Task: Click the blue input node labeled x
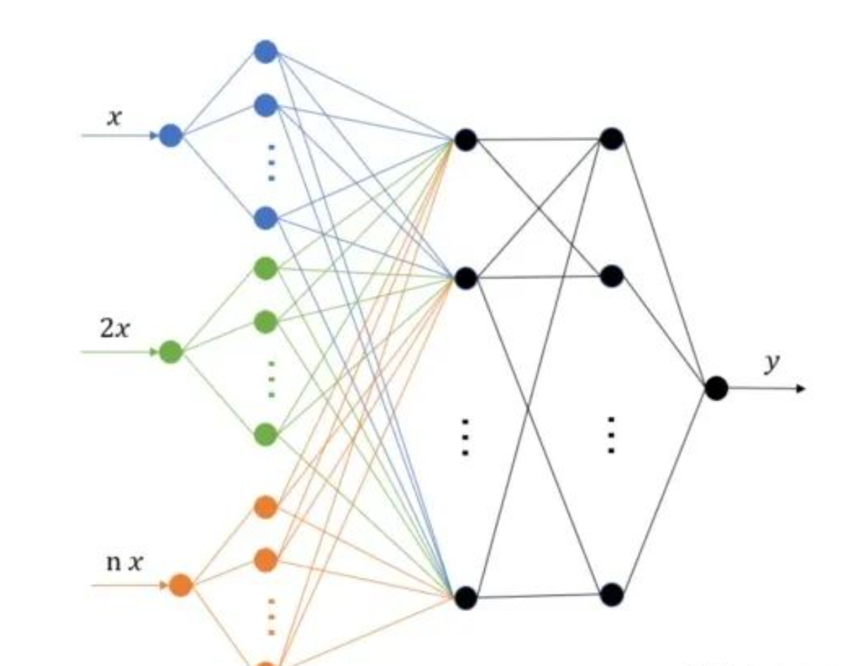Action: pyautogui.click(x=171, y=135)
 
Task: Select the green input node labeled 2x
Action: pyautogui.click(x=171, y=351)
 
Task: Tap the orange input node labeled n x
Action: pyautogui.click(x=181, y=584)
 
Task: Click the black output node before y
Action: pyautogui.click(x=716, y=388)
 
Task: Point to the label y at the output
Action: pyautogui.click(x=772, y=363)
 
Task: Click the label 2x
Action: pyautogui.click(x=115, y=328)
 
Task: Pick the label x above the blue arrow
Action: pyautogui.click(x=114, y=117)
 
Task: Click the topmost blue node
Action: pyautogui.click(x=266, y=51)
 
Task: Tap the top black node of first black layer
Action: pyautogui.click(x=465, y=140)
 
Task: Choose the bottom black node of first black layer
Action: pyautogui.click(x=465, y=598)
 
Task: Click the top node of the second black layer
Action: pyautogui.click(x=612, y=138)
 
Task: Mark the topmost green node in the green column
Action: pyautogui.click(x=265, y=268)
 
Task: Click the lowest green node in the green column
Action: pyautogui.click(x=265, y=434)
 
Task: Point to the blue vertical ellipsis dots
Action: pyautogui.click(x=271, y=163)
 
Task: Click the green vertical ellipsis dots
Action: pyautogui.click(x=271, y=379)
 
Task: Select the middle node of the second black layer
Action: pyautogui.click(x=612, y=276)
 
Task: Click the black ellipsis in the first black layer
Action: pyautogui.click(x=465, y=437)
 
